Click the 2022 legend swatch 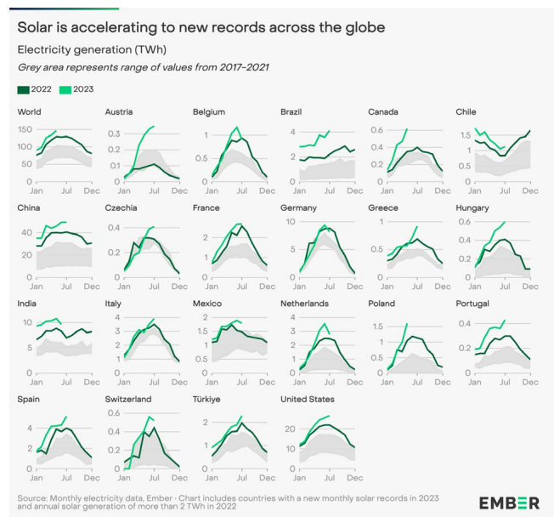23,88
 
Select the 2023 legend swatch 65,88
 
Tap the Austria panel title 119,112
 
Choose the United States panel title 308,399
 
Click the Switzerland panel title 128,399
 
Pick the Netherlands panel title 305,304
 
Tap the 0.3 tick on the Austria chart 111,134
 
